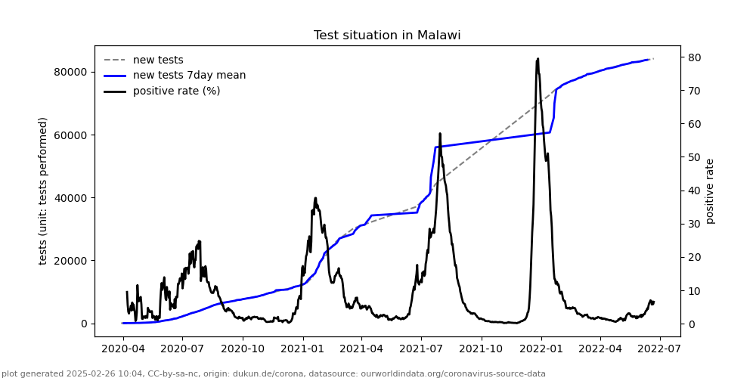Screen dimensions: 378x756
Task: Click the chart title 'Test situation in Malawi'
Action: (387, 36)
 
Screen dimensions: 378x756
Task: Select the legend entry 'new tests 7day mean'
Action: (189, 76)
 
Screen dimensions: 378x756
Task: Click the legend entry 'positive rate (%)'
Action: (176, 91)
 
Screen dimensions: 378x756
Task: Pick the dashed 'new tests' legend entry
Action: (158, 60)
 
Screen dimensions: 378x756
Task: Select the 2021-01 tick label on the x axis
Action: (303, 349)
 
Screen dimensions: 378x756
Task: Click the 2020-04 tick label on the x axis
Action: (122, 349)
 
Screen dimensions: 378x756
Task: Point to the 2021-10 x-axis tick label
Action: (481, 349)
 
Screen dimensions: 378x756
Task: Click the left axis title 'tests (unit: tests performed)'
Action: (44, 191)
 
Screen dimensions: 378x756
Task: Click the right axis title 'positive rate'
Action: (710, 191)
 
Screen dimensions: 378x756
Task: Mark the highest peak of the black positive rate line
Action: (538, 58)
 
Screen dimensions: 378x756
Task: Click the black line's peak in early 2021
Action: (315, 198)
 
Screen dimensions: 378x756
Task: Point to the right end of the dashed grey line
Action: (653, 59)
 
